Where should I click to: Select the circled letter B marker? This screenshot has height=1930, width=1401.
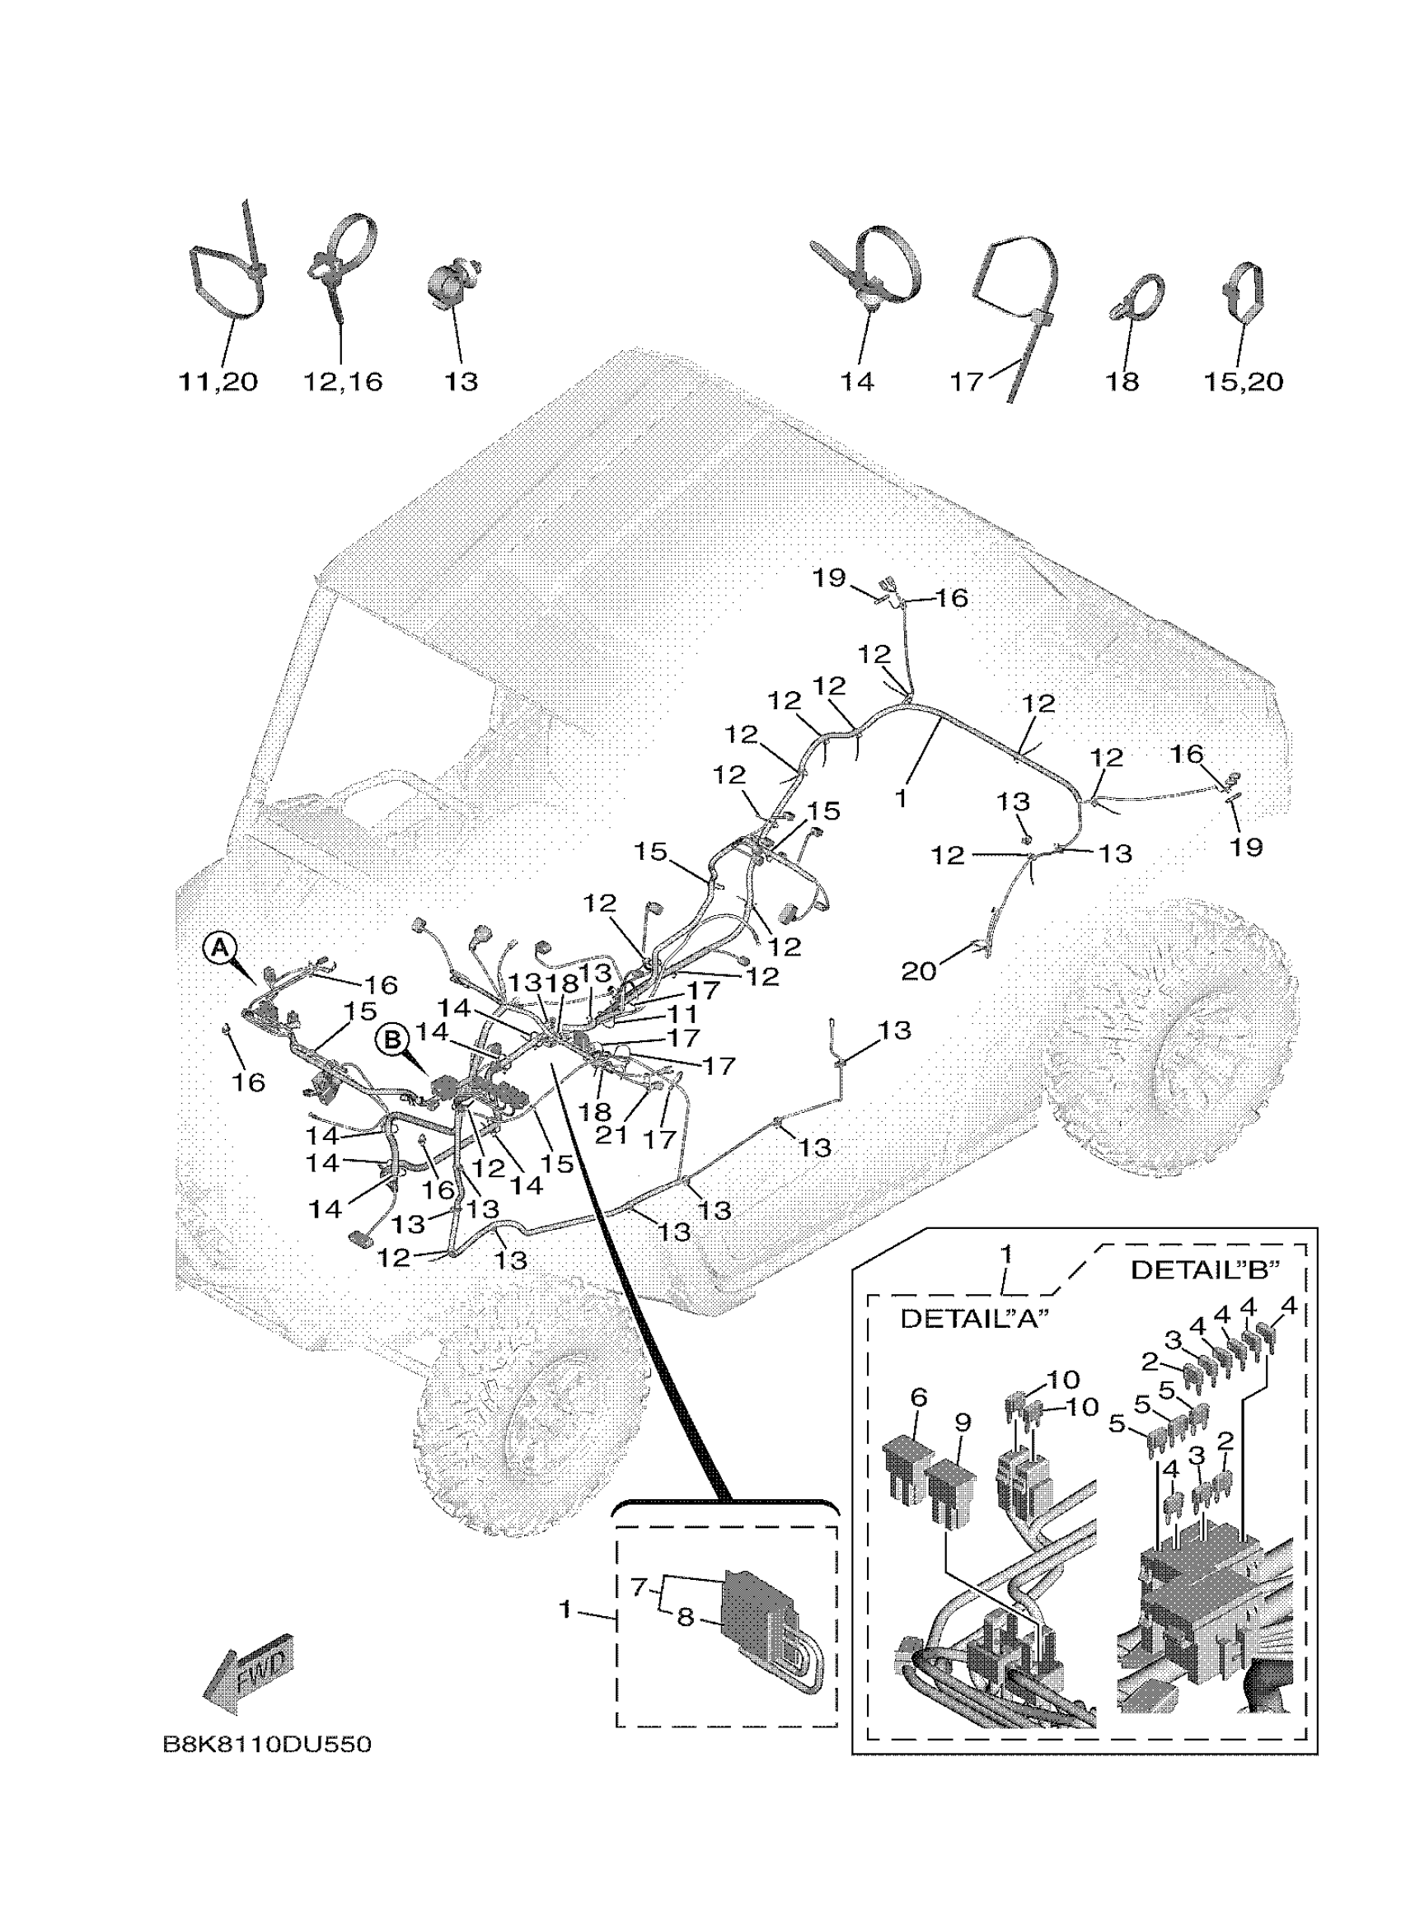(392, 1040)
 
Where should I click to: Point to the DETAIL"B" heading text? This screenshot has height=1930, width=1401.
(1204, 1270)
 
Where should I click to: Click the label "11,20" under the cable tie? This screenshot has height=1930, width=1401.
(218, 381)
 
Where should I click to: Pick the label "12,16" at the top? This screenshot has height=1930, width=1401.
(343, 381)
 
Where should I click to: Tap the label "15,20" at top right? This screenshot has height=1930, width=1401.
(1243, 381)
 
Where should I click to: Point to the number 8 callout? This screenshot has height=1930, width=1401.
(686, 1618)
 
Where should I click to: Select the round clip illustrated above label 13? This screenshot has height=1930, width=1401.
(452, 284)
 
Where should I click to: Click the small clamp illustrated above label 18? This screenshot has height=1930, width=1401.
(1136, 298)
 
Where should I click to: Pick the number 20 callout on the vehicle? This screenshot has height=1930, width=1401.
(918, 970)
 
